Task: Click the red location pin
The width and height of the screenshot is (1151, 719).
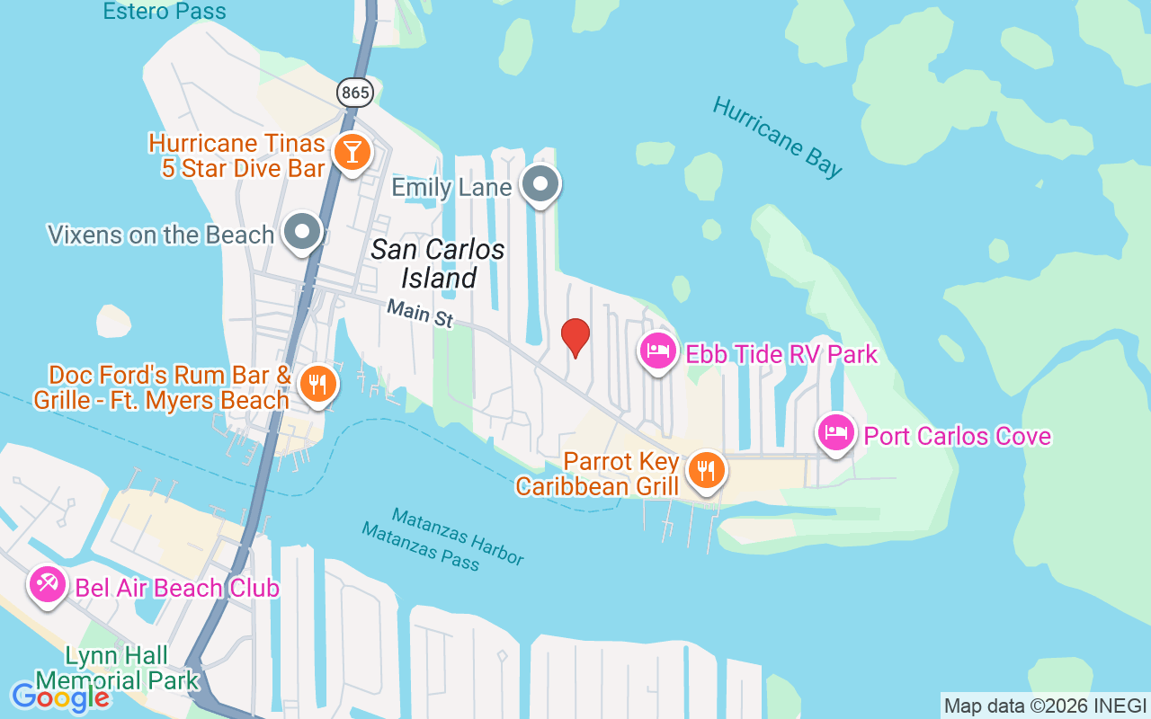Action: [x=575, y=337]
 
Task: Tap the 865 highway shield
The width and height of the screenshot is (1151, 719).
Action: [x=355, y=93]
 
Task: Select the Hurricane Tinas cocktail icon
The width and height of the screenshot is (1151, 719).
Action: [x=352, y=151]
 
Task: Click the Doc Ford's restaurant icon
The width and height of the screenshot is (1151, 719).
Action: [x=317, y=384]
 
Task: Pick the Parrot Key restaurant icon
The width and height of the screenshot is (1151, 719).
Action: [x=706, y=469]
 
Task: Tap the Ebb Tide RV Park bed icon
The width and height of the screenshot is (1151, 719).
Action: [x=658, y=351]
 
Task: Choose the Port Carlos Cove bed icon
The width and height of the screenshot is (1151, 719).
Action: [x=836, y=433]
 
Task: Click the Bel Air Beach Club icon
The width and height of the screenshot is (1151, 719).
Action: [x=48, y=585]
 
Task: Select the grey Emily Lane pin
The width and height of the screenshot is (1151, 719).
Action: [x=540, y=184]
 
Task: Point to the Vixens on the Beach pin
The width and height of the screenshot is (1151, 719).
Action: [x=303, y=233]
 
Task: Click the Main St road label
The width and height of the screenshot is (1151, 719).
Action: [x=420, y=314]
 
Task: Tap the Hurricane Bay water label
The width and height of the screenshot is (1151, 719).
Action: [x=778, y=136]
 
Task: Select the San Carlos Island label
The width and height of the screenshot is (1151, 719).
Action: [x=438, y=263]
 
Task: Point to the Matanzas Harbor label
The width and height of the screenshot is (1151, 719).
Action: [x=458, y=536]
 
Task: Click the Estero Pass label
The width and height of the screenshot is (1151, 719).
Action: [x=165, y=12]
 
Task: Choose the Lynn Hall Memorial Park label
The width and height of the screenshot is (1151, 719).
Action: [x=117, y=668]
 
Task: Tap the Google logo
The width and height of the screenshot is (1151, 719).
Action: [x=60, y=697]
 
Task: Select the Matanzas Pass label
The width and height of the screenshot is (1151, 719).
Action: [x=420, y=546]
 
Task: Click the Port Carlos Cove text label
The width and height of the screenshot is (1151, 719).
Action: [x=958, y=436]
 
